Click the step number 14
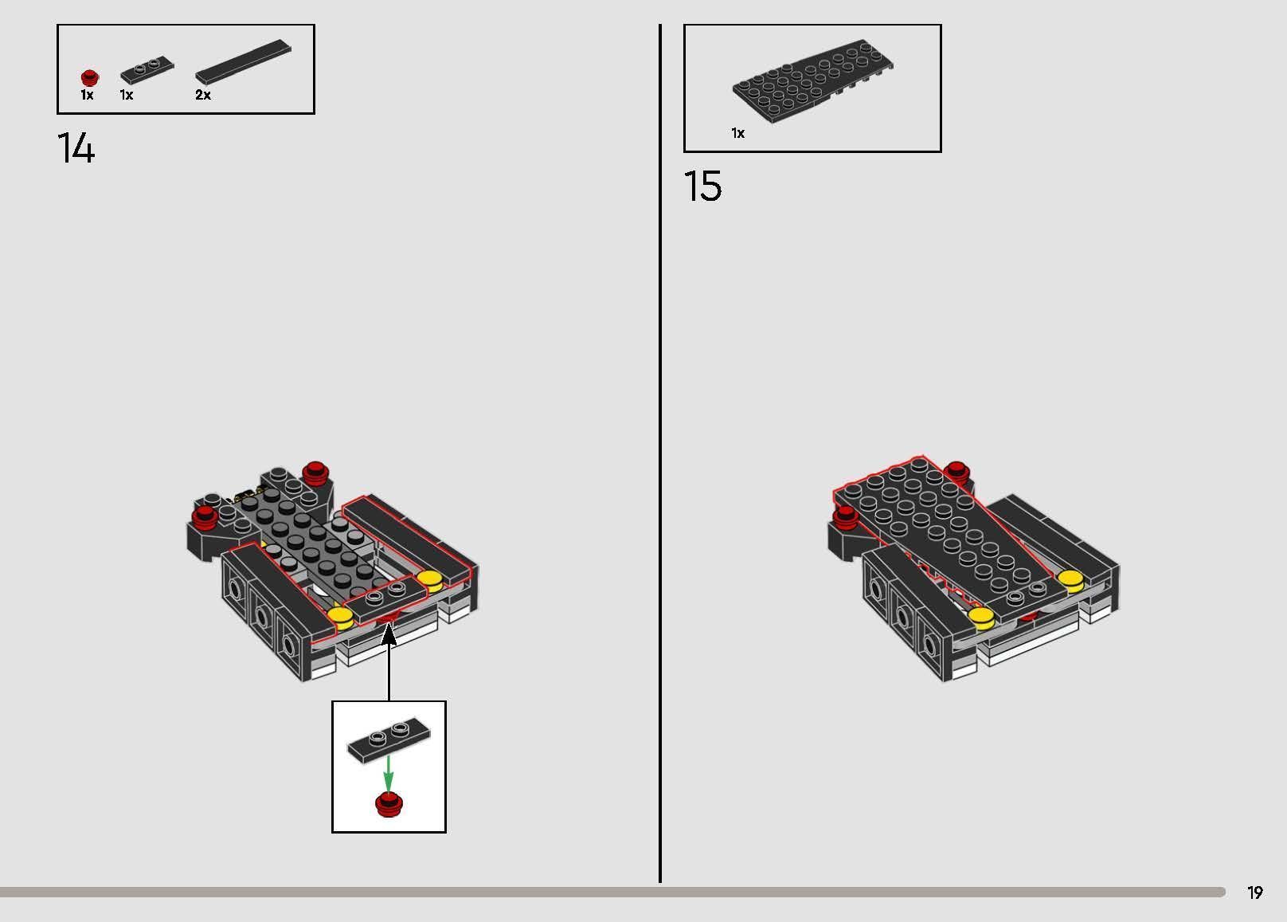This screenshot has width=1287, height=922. [76, 148]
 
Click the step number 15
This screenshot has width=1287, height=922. [702, 186]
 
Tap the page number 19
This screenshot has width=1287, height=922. [1255, 893]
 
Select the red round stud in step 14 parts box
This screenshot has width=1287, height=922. [90, 77]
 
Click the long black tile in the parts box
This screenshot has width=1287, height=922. [243, 61]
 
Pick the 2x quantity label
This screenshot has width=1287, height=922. [203, 95]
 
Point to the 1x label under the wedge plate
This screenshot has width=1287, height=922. [737, 133]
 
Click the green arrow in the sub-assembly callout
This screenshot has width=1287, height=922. [388, 773]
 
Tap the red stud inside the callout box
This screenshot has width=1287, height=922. [389, 804]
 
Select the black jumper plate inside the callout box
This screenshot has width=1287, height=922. [389, 741]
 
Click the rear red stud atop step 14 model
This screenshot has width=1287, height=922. [316, 471]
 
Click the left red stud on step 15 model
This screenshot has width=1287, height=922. [845, 518]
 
